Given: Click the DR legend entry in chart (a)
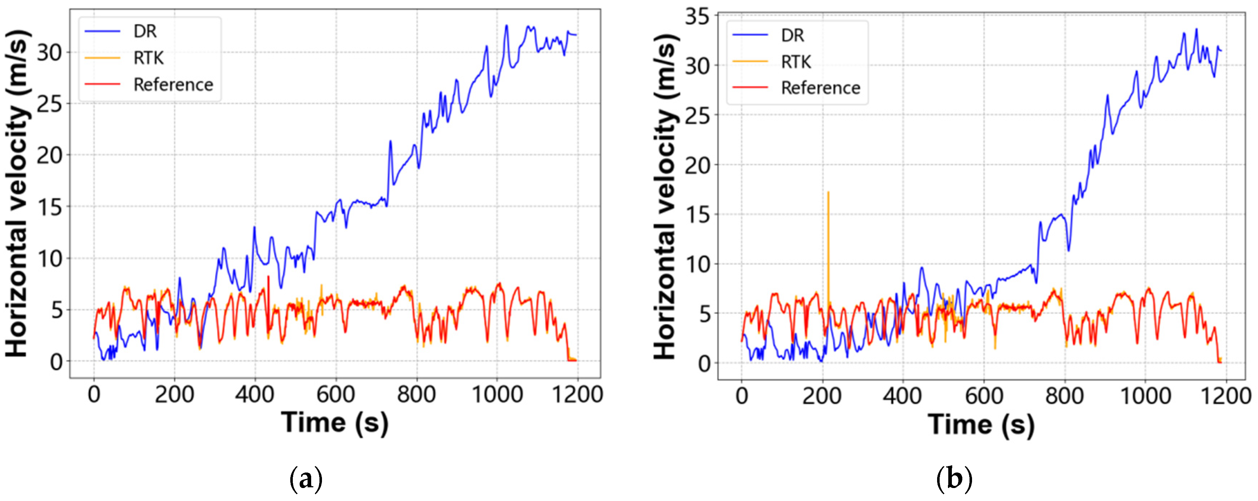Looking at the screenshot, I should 144,31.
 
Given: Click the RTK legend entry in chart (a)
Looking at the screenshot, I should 148,58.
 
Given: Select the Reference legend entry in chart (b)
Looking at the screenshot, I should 820,88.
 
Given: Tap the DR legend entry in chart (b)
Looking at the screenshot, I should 792,35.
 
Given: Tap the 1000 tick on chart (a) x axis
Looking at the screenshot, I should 497,394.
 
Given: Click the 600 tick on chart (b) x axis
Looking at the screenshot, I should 984,396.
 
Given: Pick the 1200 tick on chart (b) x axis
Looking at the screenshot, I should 1225,396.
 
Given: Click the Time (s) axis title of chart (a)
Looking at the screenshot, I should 335,422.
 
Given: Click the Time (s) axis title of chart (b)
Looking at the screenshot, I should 981,424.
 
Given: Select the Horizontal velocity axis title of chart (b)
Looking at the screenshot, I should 665,195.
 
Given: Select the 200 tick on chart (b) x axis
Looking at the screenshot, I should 822,396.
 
